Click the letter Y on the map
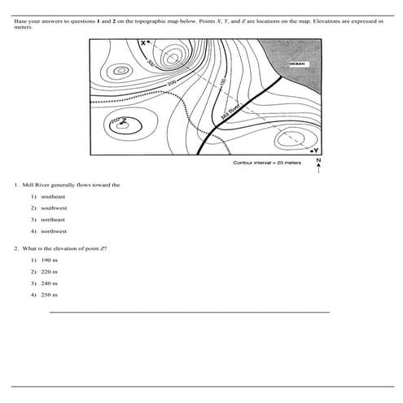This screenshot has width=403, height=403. pyautogui.click(x=317, y=151)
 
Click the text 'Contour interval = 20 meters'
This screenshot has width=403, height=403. pyautogui.click(x=267, y=163)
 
